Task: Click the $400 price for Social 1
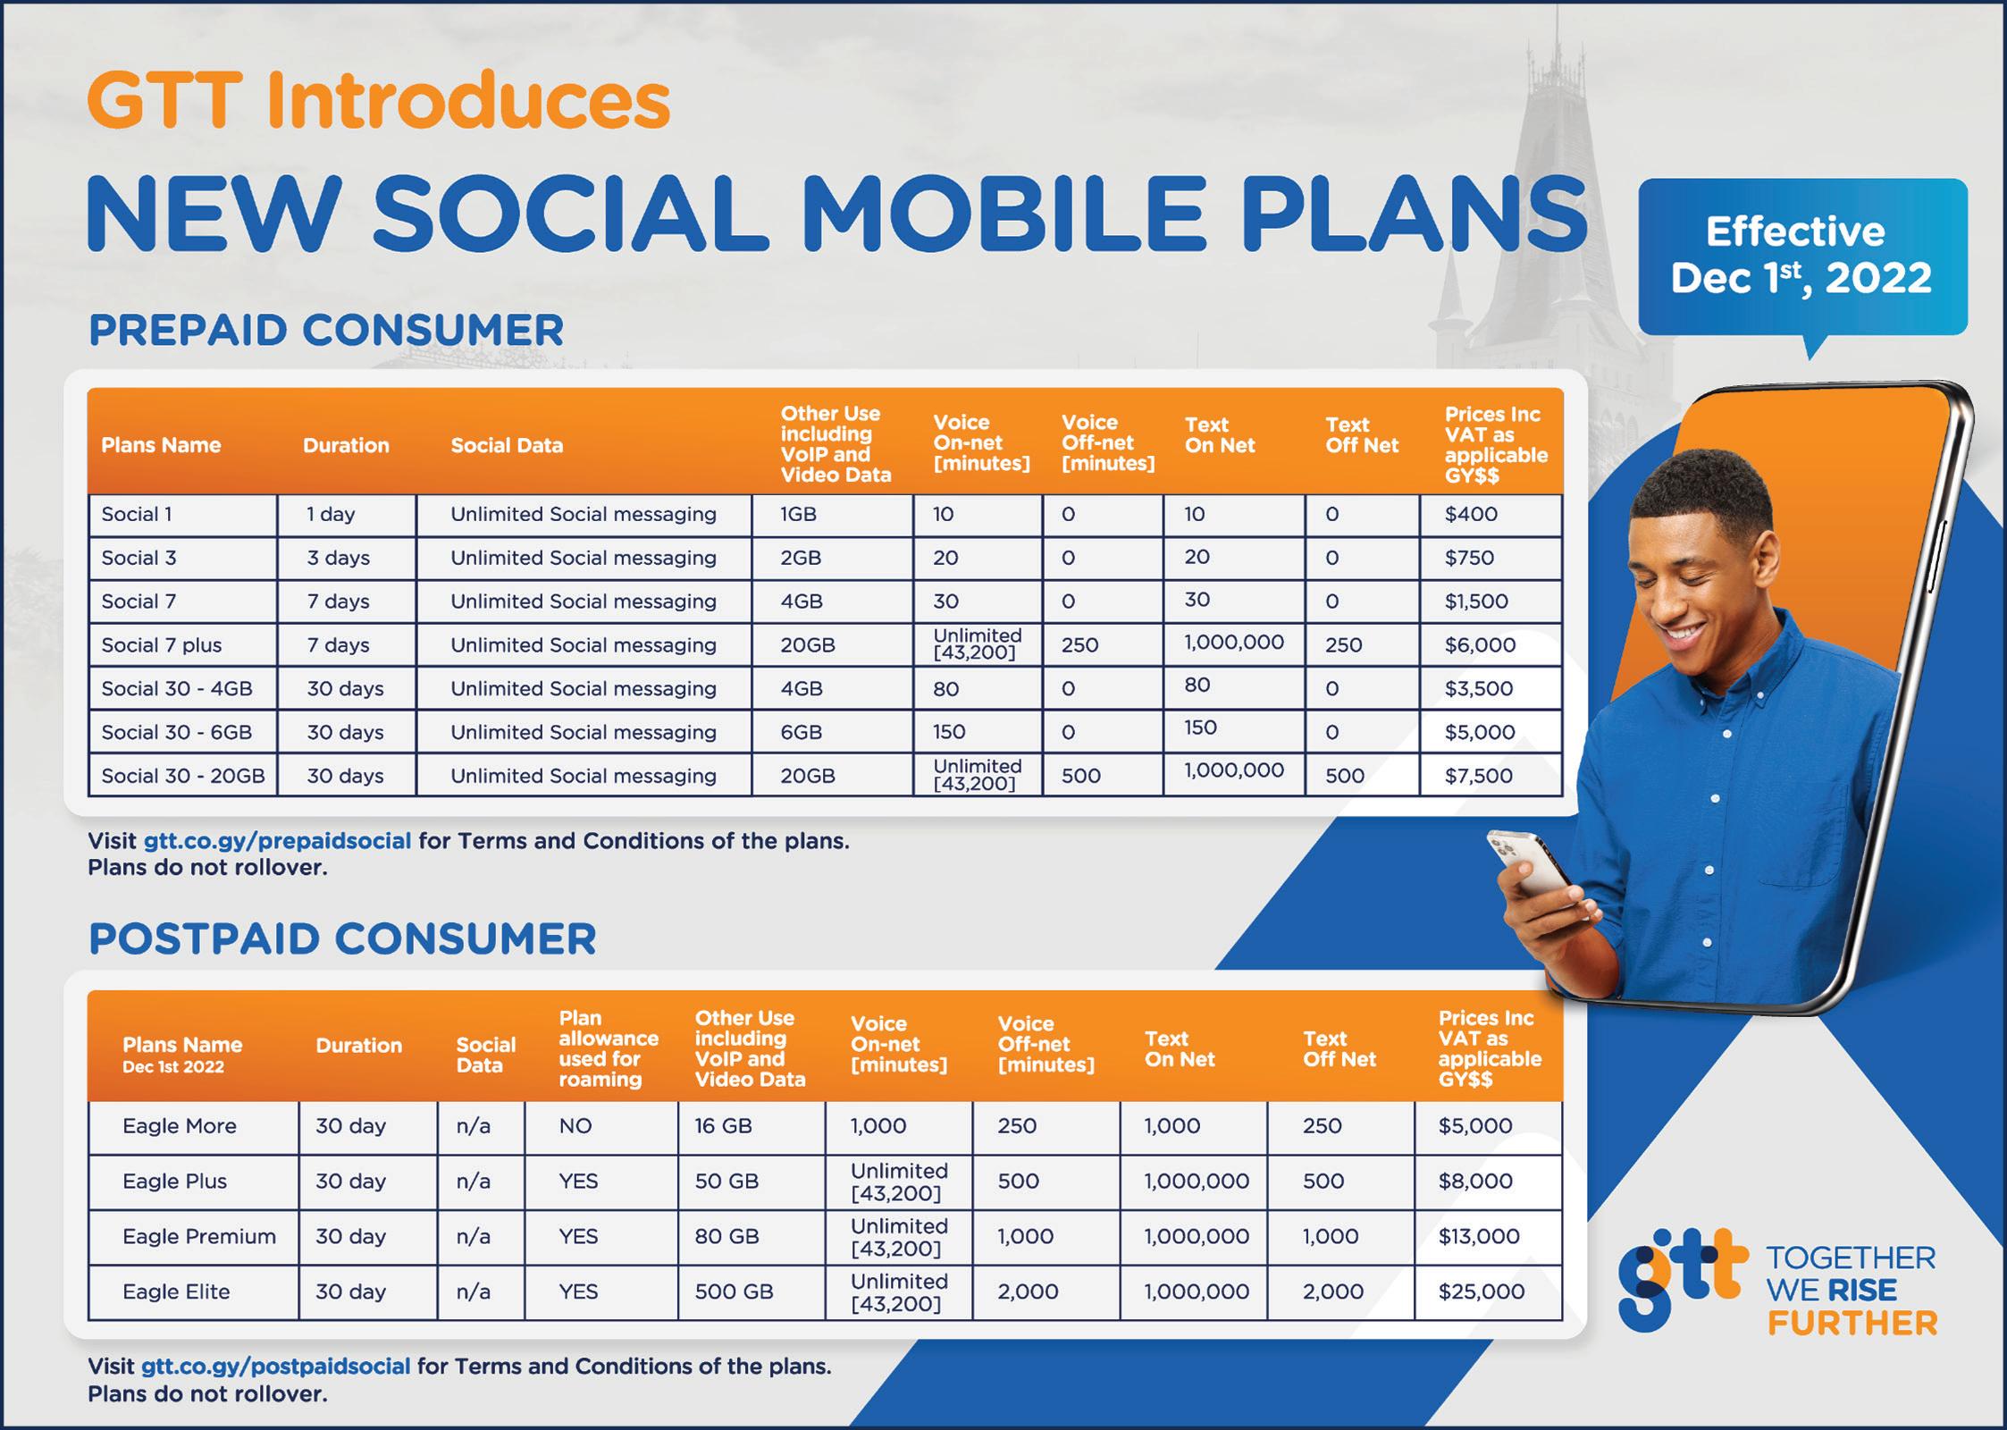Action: [x=1471, y=514]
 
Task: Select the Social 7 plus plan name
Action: [x=161, y=645]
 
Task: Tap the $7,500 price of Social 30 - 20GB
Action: [x=1479, y=776]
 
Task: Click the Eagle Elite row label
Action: [x=176, y=1291]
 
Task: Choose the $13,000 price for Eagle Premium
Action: [x=1479, y=1236]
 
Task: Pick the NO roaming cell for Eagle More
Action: [x=575, y=1126]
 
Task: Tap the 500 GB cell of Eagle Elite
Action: [x=734, y=1291]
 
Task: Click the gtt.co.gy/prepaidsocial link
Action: [x=277, y=841]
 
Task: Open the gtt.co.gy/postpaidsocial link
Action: [x=275, y=1367]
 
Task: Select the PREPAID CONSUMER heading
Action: [x=326, y=330]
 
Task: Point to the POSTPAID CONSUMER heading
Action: [x=342, y=939]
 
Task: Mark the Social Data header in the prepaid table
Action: [x=507, y=445]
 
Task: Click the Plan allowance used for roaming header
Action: [x=609, y=1048]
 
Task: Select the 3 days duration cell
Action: [x=338, y=558]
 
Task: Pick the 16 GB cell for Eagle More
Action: [x=724, y=1126]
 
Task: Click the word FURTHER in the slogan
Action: [x=1852, y=1324]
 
